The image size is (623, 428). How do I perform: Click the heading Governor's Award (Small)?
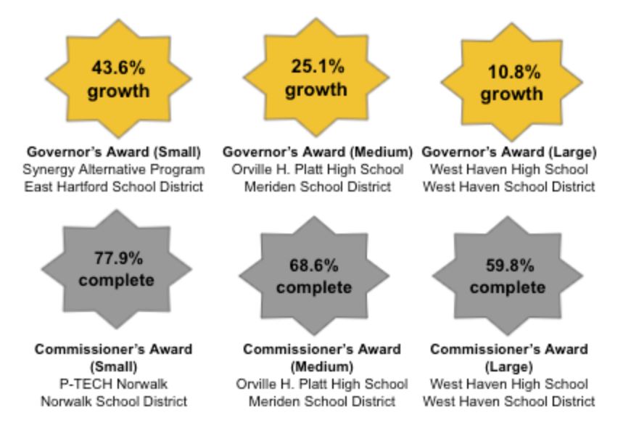113,152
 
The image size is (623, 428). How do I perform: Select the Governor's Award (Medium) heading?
318,152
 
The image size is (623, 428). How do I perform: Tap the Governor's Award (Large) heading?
508,152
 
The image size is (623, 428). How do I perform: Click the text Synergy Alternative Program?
113,170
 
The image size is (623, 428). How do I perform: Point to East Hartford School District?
113,187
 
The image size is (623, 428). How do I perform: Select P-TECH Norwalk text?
114,384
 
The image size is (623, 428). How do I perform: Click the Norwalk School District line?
114,401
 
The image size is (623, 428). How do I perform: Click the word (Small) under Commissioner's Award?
114,366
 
